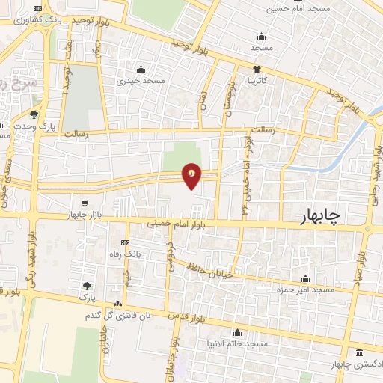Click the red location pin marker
pos(192,176)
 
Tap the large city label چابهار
pos(313,215)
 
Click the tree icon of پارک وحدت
pos(34,114)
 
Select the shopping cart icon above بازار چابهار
pos(85,203)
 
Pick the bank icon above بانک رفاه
pos(124,243)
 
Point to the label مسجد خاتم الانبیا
pos(238,343)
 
